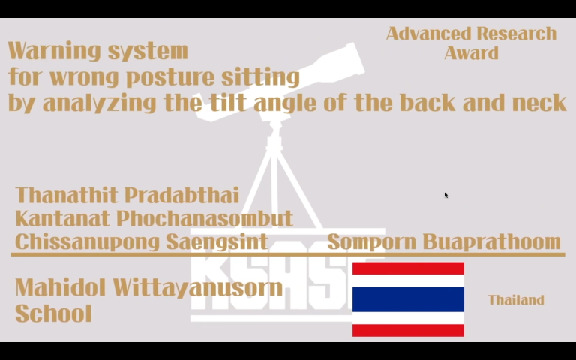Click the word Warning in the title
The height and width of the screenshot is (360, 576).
(x=54, y=51)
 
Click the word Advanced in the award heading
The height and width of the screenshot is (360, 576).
(x=428, y=34)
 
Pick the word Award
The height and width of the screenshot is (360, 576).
(x=471, y=53)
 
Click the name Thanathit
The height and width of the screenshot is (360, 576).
(x=67, y=195)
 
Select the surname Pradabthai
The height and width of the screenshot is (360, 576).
(x=181, y=195)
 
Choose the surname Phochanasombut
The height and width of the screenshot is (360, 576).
(x=205, y=218)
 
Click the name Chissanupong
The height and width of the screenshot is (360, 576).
(x=88, y=242)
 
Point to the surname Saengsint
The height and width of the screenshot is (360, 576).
(x=217, y=242)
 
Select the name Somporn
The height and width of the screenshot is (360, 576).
(x=371, y=242)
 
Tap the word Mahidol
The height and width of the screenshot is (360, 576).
(x=61, y=287)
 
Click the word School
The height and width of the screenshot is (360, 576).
(x=54, y=313)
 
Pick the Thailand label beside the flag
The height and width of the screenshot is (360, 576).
(x=516, y=300)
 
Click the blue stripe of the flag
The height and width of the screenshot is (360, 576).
(x=408, y=299)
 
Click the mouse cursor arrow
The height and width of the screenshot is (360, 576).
(x=446, y=196)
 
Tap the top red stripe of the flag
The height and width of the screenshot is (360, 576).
(x=408, y=268)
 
